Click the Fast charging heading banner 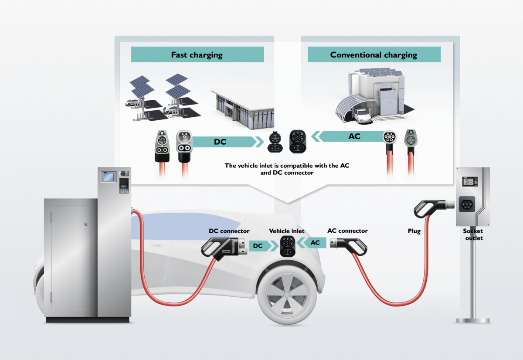click(197, 55)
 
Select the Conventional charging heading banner click(374, 55)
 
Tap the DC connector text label click(229, 231)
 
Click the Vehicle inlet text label click(287, 231)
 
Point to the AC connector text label click(347, 231)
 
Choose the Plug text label click(414, 231)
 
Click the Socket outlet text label click(473, 234)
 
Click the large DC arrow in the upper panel click(224, 142)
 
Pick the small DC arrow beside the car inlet click(261, 246)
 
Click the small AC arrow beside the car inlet click(313, 243)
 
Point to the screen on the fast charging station click(108, 177)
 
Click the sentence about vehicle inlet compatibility click(269, 169)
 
